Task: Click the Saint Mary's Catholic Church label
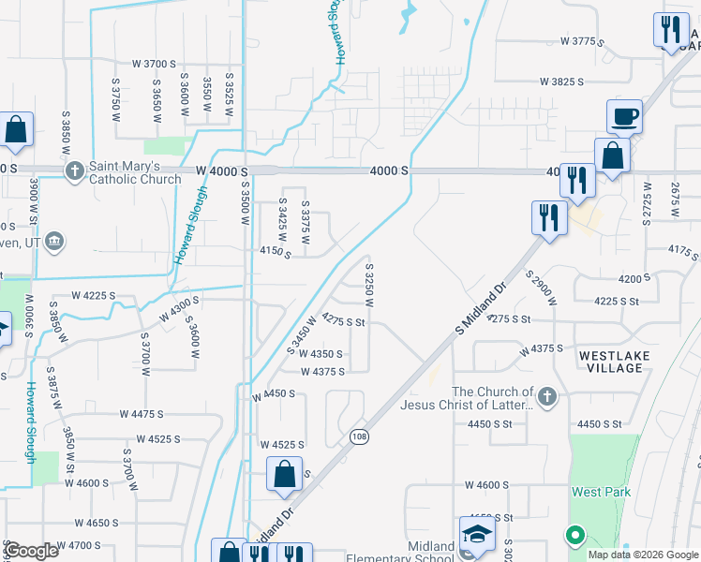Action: (135, 172)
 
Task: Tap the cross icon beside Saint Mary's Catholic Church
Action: (75, 171)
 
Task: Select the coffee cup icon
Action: (624, 118)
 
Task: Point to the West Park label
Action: (602, 492)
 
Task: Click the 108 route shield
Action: (360, 436)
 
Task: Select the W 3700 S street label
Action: (154, 64)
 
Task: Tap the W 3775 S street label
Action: (590, 41)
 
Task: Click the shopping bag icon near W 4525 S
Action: (284, 475)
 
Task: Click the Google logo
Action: (32, 551)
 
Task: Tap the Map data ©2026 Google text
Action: (642, 555)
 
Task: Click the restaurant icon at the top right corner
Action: (671, 30)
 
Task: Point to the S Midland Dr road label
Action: (480, 310)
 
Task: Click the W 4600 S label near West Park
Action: (485, 485)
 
